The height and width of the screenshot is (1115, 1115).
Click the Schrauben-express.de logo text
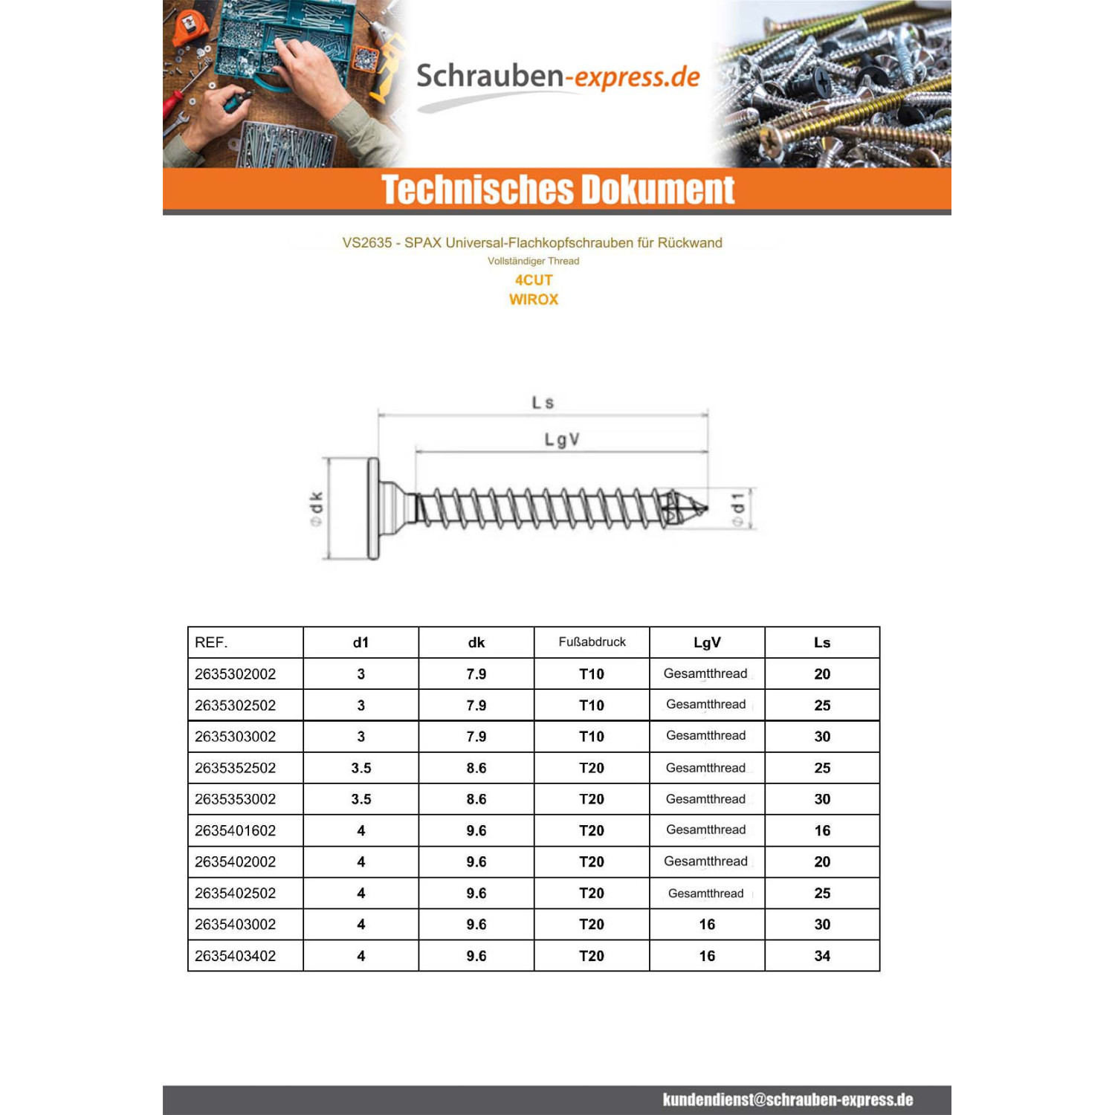tap(557, 77)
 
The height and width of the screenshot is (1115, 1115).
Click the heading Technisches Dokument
tap(557, 190)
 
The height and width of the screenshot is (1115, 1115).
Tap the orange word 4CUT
tap(534, 280)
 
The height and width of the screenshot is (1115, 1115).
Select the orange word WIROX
tap(534, 300)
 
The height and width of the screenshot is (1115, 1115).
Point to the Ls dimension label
tap(543, 403)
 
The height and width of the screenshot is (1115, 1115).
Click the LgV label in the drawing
tap(562, 440)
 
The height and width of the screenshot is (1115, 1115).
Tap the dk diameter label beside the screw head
tap(317, 508)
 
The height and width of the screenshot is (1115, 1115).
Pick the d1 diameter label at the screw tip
tap(737, 508)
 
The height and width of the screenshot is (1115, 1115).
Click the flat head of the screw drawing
tap(373, 508)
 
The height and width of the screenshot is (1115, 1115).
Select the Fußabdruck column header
tap(592, 641)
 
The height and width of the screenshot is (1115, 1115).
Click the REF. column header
tap(211, 642)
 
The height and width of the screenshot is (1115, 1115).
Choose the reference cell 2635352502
tap(235, 768)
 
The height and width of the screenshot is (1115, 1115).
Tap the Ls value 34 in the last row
tap(822, 956)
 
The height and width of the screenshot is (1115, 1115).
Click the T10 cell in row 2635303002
tap(592, 737)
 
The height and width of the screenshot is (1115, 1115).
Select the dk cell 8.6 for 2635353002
tap(476, 799)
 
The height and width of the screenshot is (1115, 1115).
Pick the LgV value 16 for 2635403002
tap(707, 925)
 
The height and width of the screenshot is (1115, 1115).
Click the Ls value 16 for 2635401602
tap(822, 830)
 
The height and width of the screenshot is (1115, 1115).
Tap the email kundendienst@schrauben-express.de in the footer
tap(788, 1100)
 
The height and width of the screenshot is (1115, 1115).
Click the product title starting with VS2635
tap(532, 243)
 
